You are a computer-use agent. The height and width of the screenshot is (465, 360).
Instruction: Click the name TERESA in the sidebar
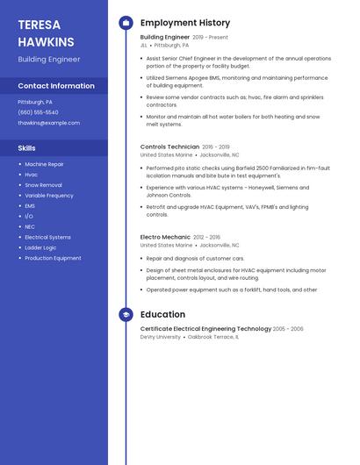point(39,25)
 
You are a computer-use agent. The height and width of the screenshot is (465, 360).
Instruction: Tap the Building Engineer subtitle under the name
point(48,59)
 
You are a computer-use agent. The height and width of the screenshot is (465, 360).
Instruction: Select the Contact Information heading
point(56,86)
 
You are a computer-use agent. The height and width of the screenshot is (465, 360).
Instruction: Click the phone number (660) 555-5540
point(38,112)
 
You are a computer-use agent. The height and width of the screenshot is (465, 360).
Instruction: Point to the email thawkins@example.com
point(42,123)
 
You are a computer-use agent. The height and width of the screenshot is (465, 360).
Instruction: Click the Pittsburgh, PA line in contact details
point(35,102)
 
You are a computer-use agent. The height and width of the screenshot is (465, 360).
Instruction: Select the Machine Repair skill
point(44,164)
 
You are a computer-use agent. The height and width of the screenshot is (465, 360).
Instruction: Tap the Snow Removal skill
point(43,185)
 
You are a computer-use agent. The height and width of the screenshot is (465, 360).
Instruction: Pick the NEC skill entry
point(30,226)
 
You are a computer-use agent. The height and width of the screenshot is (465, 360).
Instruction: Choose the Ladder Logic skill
point(40,247)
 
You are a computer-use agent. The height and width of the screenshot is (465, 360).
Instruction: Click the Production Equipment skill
point(53,258)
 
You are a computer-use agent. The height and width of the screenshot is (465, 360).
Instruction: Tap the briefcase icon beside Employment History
point(126,23)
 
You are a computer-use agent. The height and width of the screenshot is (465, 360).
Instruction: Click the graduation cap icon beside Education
point(126,314)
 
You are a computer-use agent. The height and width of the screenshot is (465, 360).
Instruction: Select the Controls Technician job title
point(169,147)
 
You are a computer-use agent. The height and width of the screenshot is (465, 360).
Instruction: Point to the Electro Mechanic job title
point(165,237)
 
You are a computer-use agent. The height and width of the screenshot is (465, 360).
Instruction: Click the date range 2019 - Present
point(210,38)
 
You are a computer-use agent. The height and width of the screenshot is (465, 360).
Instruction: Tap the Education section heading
point(162,314)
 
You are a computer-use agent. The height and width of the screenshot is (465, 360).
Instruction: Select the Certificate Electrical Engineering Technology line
point(205,329)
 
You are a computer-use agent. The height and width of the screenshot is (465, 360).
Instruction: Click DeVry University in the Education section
point(161,337)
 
